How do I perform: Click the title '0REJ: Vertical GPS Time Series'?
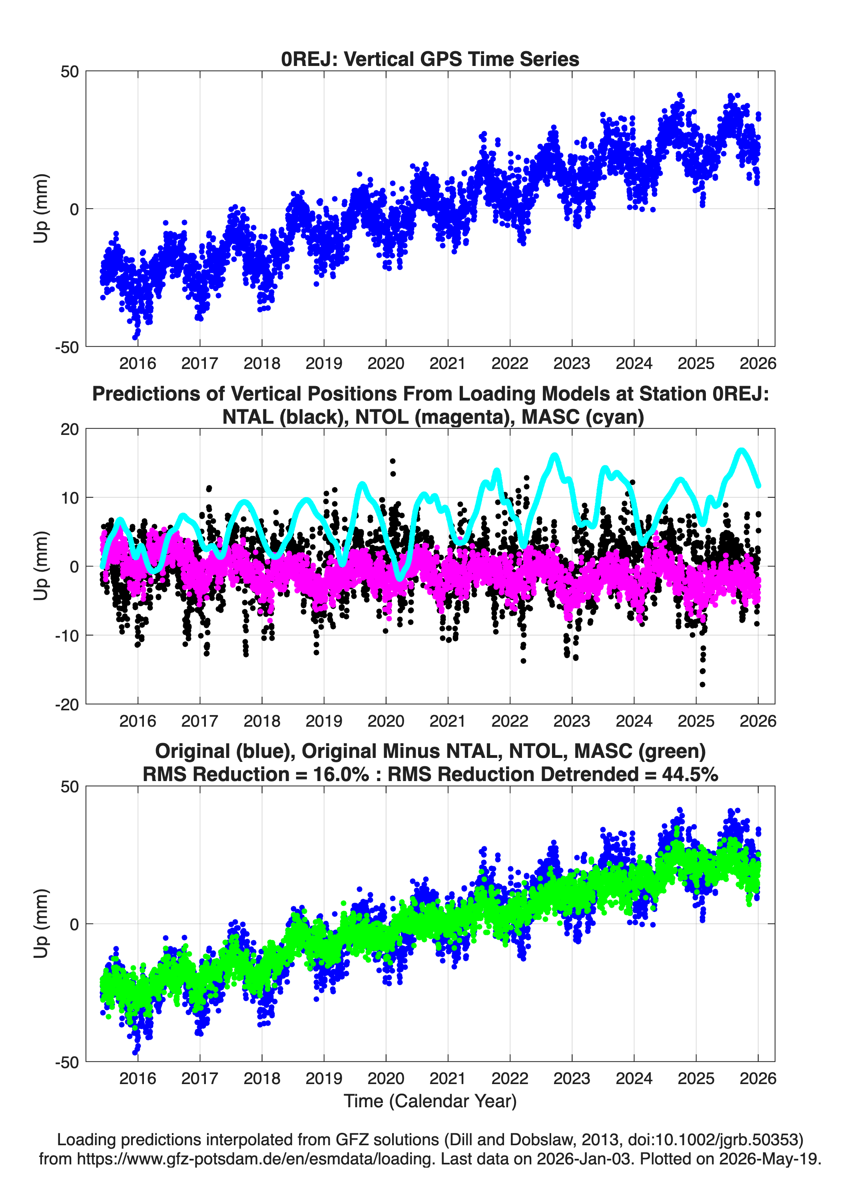pos(430,59)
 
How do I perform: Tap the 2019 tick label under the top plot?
pos(324,363)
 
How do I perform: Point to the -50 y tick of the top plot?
pos(67,347)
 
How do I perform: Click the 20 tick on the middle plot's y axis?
pos(70,429)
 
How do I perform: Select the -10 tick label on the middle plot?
pos(67,636)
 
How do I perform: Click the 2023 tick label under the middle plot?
pos(572,721)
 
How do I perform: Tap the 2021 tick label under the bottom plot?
pos(448,1078)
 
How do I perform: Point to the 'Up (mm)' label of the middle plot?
pos(41,566)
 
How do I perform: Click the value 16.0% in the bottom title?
pos(339,774)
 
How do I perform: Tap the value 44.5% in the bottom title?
pos(690,774)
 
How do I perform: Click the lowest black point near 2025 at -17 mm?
pos(702,684)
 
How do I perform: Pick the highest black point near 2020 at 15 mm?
pos(393,461)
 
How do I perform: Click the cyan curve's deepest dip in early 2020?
pos(399,578)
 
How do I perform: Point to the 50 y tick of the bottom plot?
pos(70,786)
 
